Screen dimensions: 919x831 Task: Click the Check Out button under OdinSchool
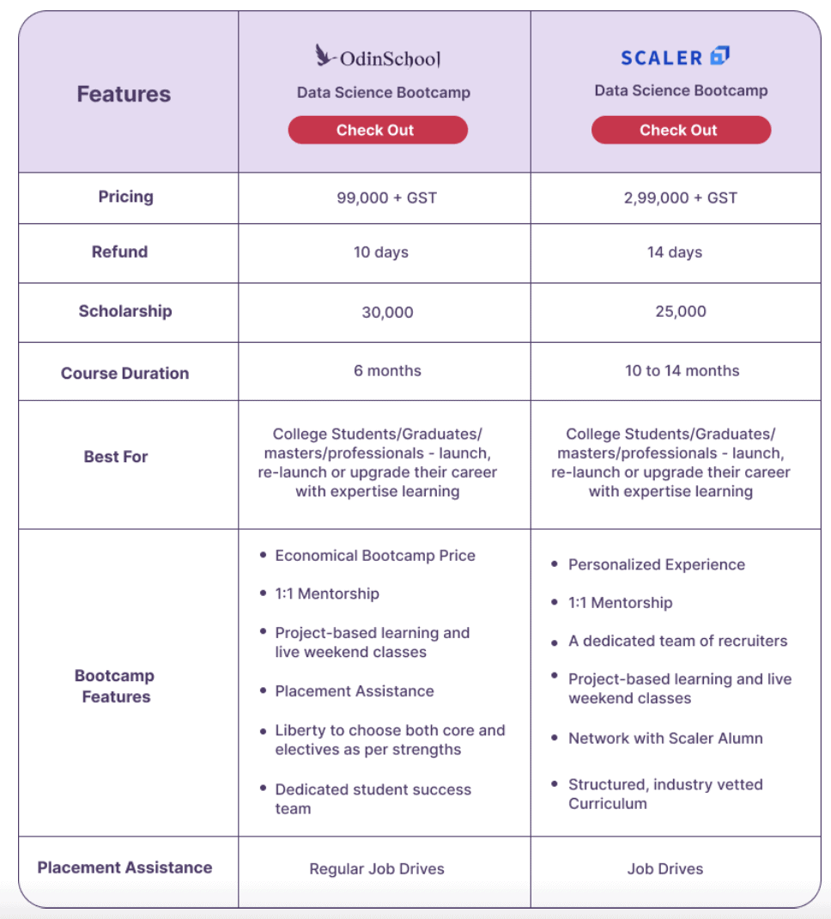point(377,131)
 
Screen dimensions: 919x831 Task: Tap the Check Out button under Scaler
point(680,131)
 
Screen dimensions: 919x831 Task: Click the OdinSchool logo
point(378,58)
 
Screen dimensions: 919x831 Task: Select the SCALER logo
point(675,58)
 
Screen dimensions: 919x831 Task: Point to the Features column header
point(124,94)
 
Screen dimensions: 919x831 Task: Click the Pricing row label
point(125,197)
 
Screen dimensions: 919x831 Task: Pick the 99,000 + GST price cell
point(386,198)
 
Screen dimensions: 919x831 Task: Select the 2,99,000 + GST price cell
point(681,198)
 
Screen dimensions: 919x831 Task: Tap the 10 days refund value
point(381,253)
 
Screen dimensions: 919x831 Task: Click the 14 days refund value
point(675,253)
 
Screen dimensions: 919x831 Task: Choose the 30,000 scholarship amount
point(387,313)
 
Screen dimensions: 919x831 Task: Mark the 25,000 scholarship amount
point(681,311)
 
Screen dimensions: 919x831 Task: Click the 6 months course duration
point(387,371)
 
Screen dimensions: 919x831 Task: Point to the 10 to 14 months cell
point(682,371)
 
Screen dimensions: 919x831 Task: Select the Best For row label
point(116,457)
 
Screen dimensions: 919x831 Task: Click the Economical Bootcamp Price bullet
point(374,556)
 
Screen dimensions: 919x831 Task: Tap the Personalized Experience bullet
point(656,565)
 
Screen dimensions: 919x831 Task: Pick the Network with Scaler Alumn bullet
point(664,739)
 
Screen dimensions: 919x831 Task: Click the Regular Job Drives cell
point(377,869)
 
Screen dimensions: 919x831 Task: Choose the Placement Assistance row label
point(124,867)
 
